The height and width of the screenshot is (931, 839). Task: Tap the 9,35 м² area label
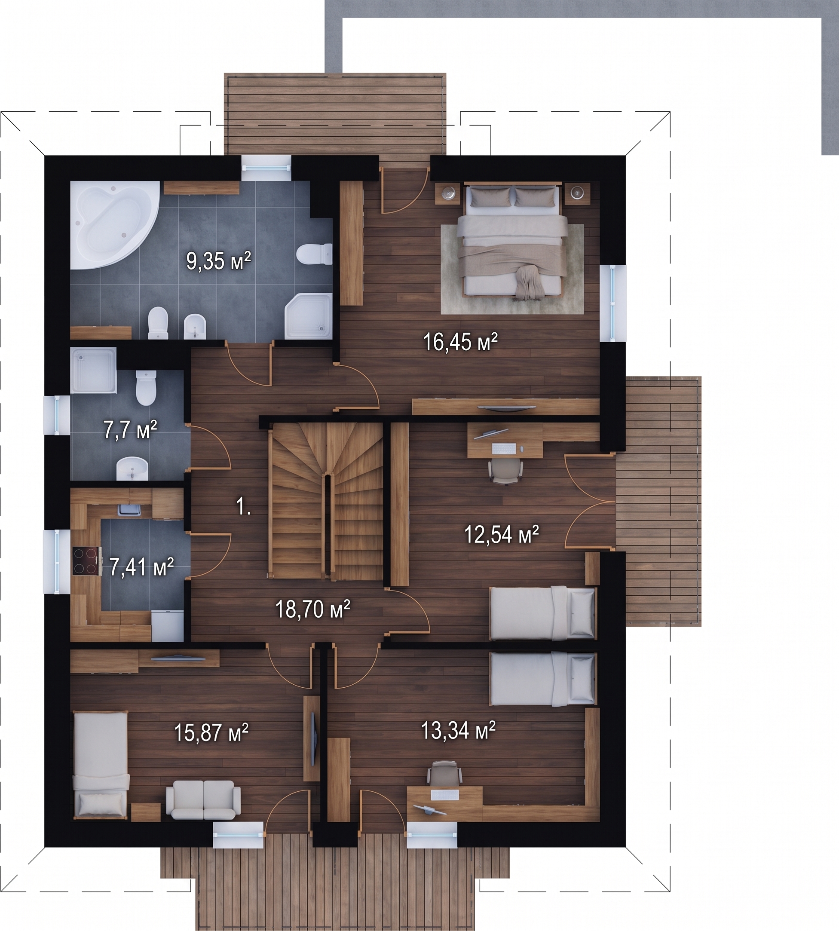tap(218, 261)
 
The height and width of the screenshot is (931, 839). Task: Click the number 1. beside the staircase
tap(243, 507)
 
